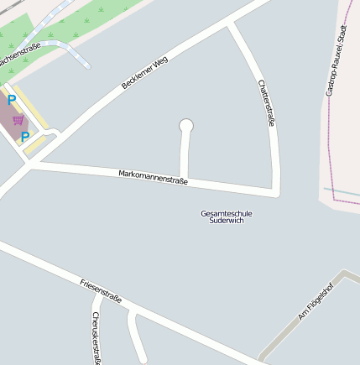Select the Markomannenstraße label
[x=153, y=176]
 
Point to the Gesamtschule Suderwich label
[x=227, y=216]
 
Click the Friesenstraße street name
[x=101, y=290]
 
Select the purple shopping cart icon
[x=18, y=120]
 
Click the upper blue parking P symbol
[x=12, y=100]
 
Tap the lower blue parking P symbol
[x=25, y=136]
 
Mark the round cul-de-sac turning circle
[x=186, y=127]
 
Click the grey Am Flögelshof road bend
[x=345, y=274]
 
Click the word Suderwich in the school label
[x=227, y=221]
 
